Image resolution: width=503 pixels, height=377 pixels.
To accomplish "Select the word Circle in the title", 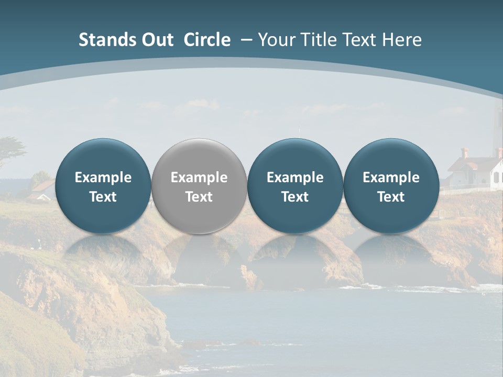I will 207,40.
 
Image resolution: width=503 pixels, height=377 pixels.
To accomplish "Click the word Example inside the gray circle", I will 199,178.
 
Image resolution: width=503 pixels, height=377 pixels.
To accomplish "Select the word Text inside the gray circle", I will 199,197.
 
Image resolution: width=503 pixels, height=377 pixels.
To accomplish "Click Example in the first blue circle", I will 103,178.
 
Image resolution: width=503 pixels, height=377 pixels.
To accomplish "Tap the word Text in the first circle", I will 103,197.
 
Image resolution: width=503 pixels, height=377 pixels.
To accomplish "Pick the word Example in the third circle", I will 295,178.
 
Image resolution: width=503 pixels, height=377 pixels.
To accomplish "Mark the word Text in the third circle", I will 295,197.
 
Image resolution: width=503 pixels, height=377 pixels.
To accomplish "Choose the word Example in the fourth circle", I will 391,178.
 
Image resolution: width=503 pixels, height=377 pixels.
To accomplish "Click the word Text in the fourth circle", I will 391,197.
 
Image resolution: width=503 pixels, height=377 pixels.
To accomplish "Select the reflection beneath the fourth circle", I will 391,251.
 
